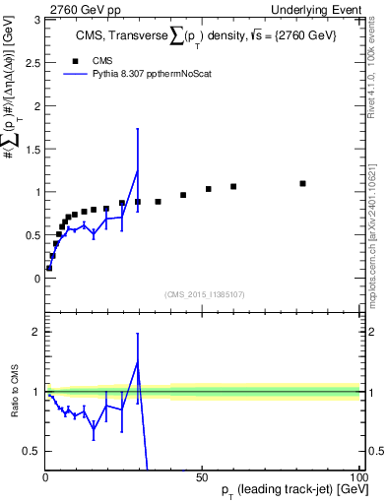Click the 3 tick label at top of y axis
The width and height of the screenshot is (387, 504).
click(36, 20)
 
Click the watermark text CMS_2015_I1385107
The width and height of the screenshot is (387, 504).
click(204, 293)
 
